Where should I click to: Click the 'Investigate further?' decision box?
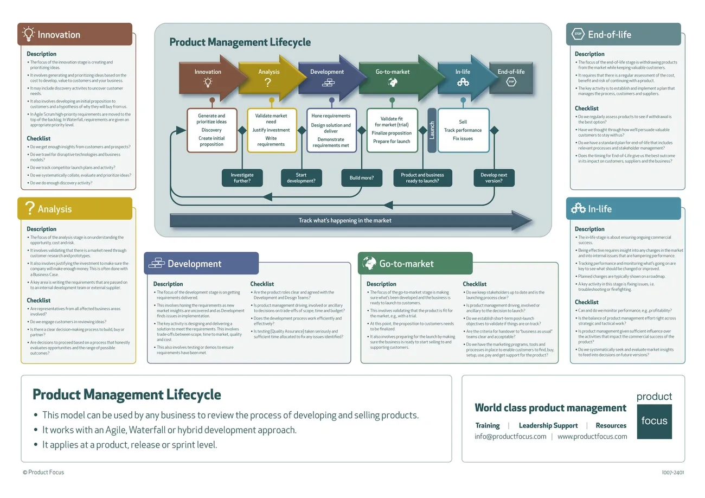242,178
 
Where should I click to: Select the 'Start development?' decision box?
301,178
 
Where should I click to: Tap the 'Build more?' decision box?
361,178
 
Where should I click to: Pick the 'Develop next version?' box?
493,178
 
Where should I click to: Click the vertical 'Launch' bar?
432,130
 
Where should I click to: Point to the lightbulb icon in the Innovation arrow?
208,82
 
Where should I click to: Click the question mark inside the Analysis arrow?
267,82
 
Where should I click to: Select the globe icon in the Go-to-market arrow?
393,82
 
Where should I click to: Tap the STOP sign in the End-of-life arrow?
511,82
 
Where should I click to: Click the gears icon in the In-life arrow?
463,82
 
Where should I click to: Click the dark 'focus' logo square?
654,421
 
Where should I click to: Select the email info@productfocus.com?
510,437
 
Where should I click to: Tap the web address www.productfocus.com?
592,437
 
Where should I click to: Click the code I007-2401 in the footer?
673,473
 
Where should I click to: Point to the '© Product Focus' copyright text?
43,473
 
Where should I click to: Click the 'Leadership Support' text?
548,426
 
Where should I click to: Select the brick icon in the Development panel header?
156,264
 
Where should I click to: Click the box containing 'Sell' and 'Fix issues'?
463,130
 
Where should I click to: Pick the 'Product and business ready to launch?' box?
422,178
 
